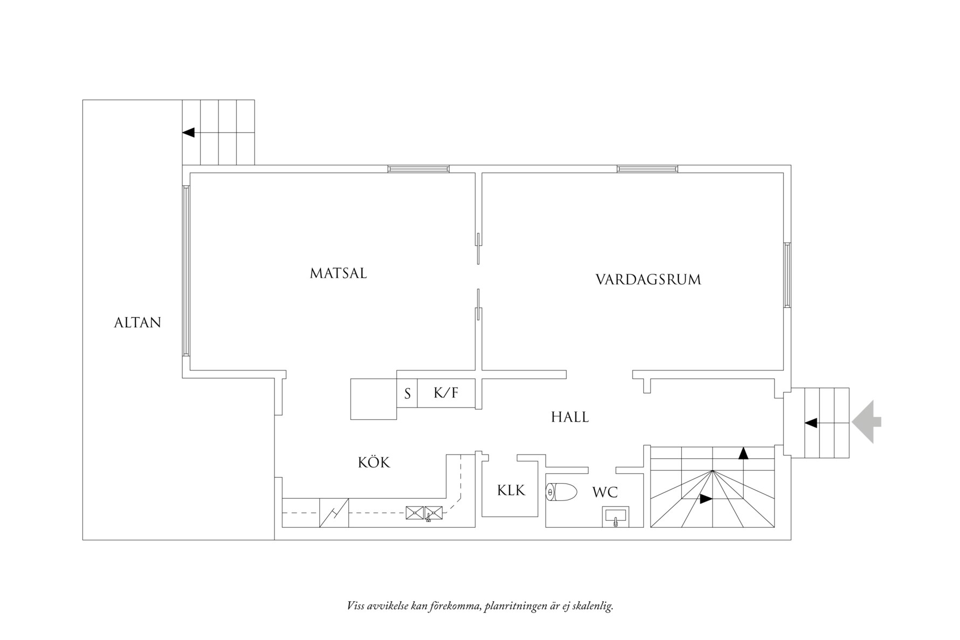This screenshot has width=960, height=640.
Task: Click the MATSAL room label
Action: (338, 273)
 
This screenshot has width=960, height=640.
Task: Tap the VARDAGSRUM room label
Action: (648, 280)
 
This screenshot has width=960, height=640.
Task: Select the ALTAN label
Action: (138, 322)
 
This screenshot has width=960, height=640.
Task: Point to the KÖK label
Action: (374, 462)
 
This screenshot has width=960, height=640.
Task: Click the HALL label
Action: (570, 417)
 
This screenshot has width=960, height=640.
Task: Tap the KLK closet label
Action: (511, 490)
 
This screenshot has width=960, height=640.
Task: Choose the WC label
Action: (605, 492)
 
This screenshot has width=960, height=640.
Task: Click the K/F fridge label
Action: (446, 393)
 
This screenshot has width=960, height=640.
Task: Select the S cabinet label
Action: (408, 394)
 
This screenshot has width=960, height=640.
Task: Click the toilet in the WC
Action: (561, 492)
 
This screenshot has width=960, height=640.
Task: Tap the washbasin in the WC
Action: (615, 517)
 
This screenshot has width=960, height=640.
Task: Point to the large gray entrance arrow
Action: (866, 422)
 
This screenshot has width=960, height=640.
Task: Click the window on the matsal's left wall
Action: (186, 271)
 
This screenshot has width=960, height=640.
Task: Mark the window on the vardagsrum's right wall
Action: (787, 275)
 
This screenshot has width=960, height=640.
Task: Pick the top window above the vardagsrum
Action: (647, 169)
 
